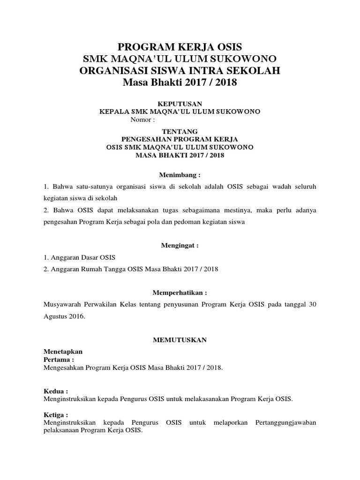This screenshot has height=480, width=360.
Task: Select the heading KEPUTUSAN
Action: pyautogui.click(x=180, y=103)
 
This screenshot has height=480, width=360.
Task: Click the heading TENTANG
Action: pyautogui.click(x=180, y=131)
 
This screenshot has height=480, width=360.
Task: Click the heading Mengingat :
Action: pyautogui.click(x=180, y=245)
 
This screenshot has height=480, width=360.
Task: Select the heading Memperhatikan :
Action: pyautogui.click(x=180, y=292)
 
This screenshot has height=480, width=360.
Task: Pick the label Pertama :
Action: pyautogui.click(x=59, y=359)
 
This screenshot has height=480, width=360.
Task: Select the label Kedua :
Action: pyautogui.click(x=56, y=391)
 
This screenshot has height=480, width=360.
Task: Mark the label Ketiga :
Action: pyautogui.click(x=57, y=415)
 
